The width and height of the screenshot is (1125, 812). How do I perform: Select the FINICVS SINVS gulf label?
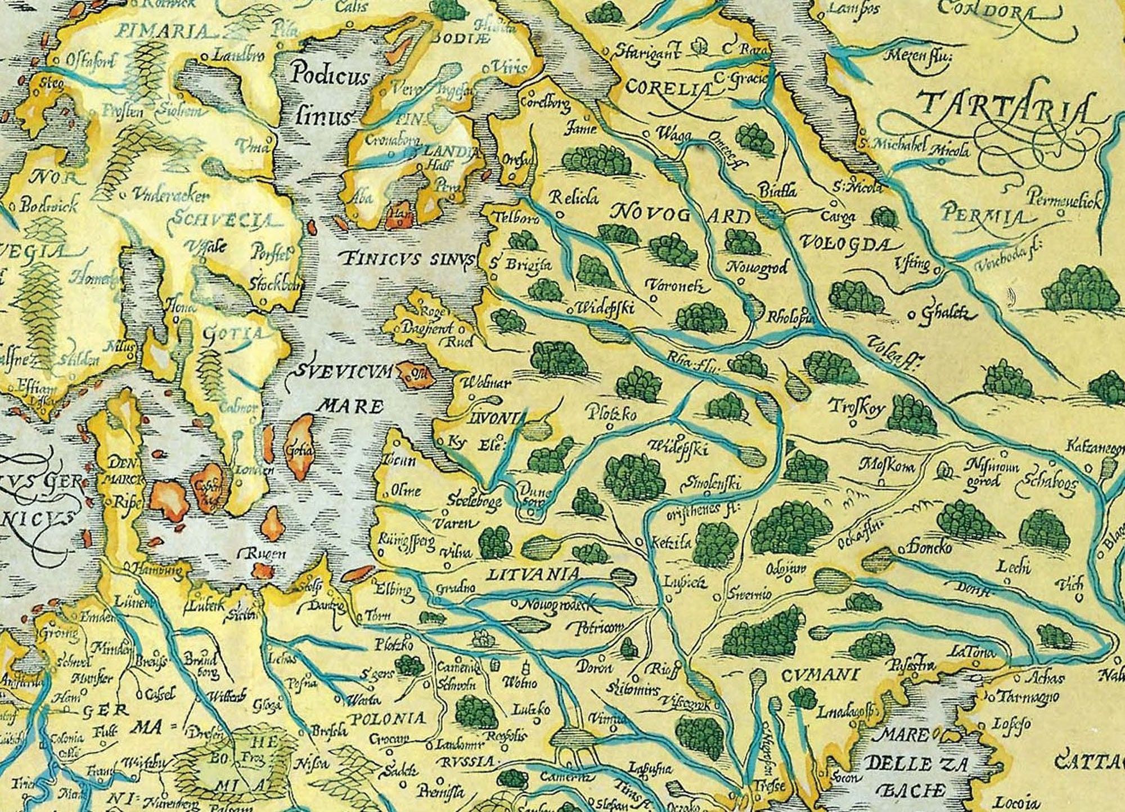pyautogui.click(x=407, y=259)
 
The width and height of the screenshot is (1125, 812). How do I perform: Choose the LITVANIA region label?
pyautogui.click(x=531, y=574)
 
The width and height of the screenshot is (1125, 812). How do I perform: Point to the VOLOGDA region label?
pyautogui.click(x=844, y=243)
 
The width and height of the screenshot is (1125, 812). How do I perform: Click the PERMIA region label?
pyautogui.click(x=981, y=215)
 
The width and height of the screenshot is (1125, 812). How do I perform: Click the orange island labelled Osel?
pyautogui.click(x=416, y=374)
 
